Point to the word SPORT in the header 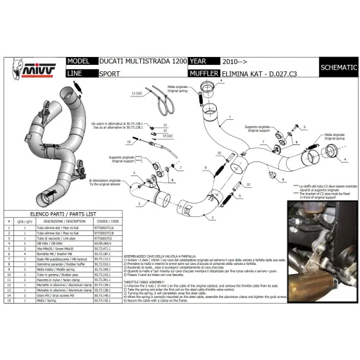pos(109,73)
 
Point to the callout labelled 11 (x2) pos(136,92)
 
